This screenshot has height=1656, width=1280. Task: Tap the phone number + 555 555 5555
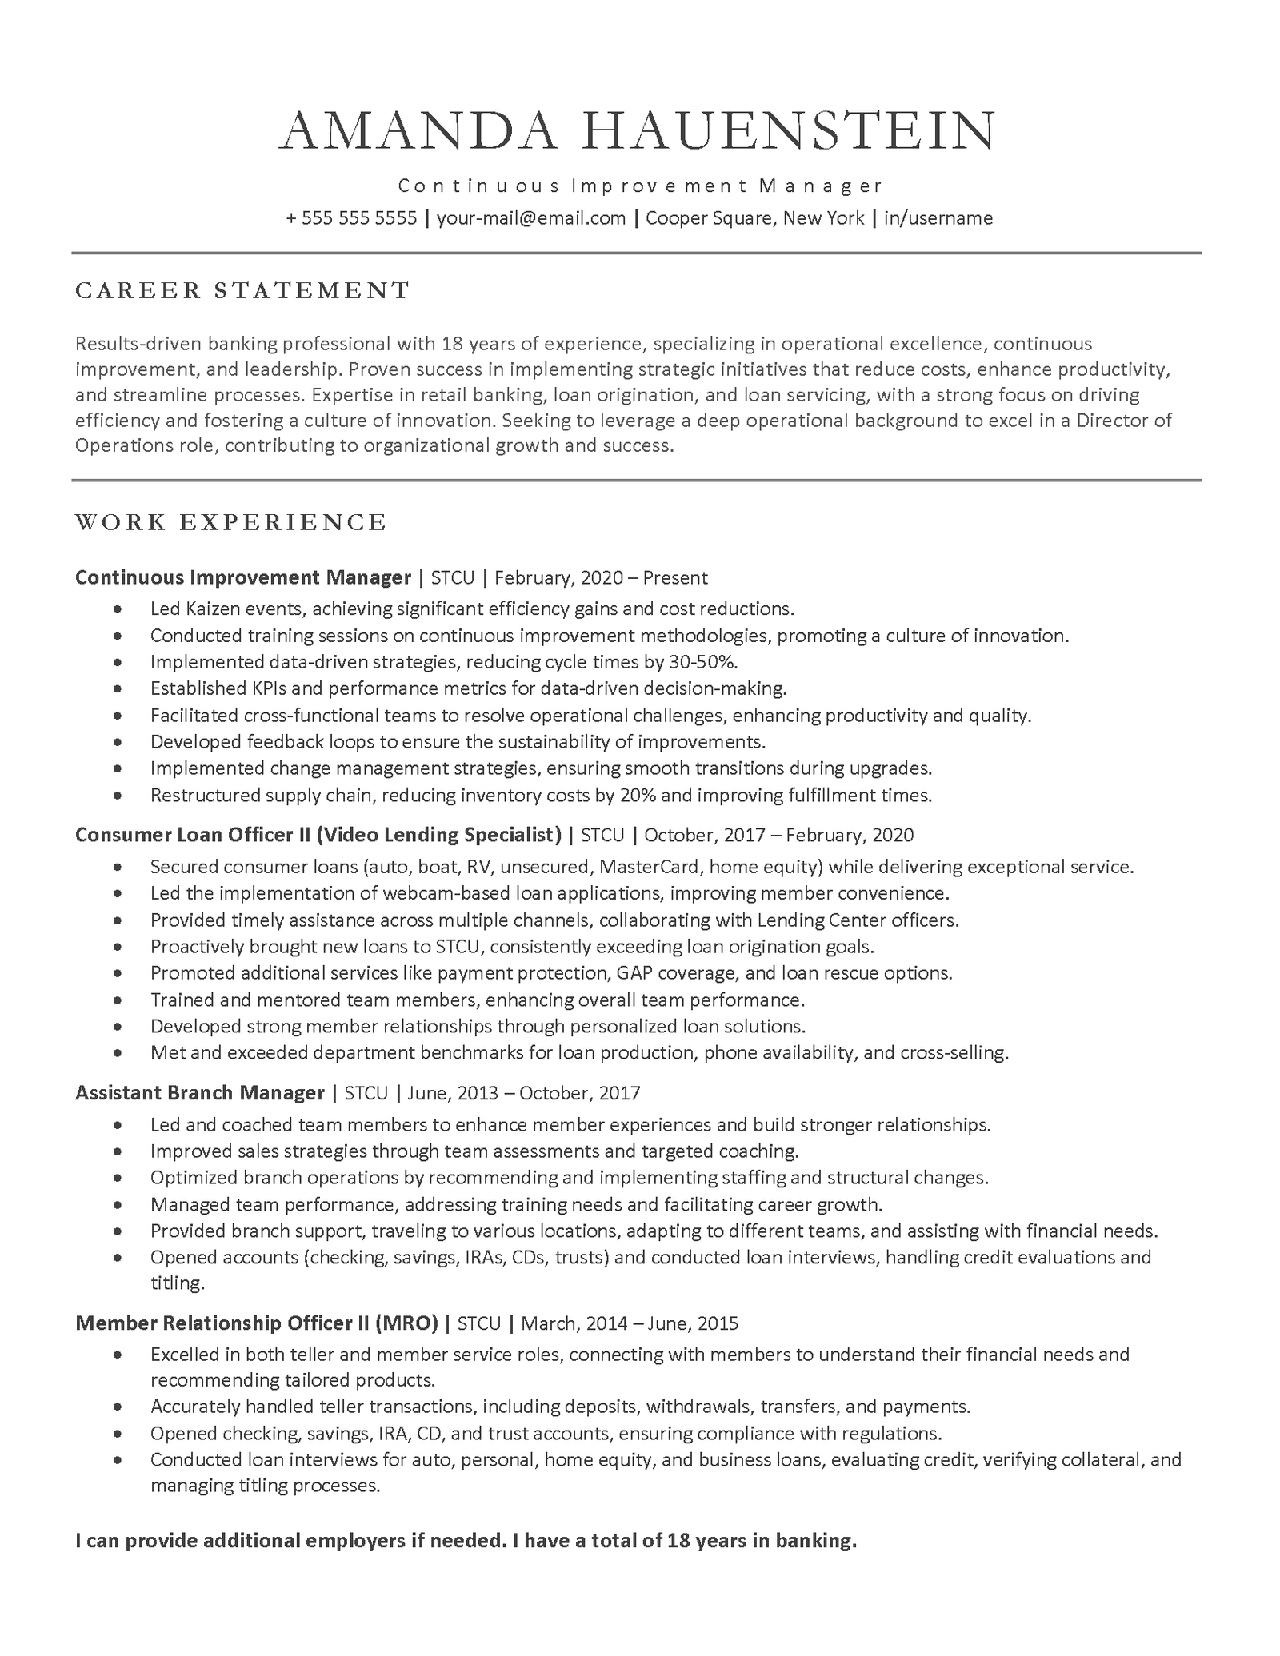351,218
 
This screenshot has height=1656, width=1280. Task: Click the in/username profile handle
938,218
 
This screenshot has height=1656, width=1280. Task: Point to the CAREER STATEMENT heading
243,290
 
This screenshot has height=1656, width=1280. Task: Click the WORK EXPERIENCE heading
231,522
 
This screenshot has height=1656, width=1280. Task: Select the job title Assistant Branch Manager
200,1092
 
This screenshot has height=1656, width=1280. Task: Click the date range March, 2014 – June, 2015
630,1323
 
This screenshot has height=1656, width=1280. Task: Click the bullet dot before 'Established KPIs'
118,689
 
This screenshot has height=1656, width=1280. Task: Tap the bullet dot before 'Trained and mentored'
118,1000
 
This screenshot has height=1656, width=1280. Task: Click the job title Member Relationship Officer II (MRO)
257,1323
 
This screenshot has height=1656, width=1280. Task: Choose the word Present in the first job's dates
675,578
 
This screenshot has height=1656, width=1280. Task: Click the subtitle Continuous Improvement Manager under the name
640,186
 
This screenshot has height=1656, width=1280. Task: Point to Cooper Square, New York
754,218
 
